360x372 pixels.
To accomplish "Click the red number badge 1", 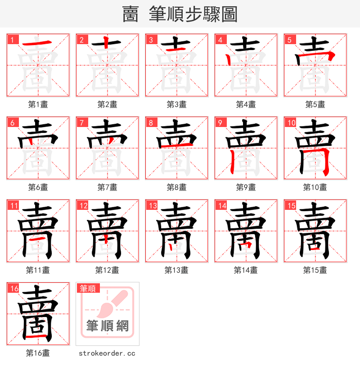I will coord(12,40).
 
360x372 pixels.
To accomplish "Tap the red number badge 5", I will coord(289,40).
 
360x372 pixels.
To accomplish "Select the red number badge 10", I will coord(291,122).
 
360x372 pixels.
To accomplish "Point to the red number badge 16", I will coord(13,288).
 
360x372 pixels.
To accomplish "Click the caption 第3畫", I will coord(176,104).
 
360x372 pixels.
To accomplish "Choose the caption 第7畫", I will coord(107,187).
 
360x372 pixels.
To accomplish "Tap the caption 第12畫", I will coord(107,270).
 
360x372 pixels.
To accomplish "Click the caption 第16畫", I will coord(38,353).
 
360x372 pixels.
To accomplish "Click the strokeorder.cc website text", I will coord(107,354).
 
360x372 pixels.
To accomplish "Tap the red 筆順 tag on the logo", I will coord(87,288).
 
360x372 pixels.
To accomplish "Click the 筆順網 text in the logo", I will coord(107,326).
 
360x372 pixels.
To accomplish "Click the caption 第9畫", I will coord(246,187).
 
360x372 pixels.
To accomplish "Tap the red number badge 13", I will coord(152,205).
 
